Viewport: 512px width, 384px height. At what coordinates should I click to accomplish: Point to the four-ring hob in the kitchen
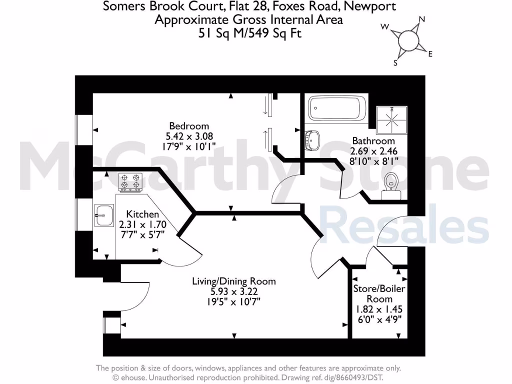tap(130, 182)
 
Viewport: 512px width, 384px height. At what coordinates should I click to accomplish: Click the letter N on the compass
tap(421, 19)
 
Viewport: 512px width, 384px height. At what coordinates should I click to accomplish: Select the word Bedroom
tap(189, 126)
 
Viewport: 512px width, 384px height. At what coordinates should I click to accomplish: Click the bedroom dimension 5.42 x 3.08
tap(189, 135)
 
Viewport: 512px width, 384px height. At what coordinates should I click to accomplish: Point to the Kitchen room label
tap(142, 214)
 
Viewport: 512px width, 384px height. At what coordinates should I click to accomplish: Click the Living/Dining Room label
tap(233, 281)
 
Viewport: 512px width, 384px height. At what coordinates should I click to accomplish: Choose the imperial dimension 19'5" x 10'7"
tap(233, 301)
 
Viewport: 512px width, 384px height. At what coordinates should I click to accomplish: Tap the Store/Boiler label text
tap(379, 289)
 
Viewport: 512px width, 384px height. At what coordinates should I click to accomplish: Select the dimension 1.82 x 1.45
tap(379, 309)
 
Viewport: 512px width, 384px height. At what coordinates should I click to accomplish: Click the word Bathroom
tap(373, 141)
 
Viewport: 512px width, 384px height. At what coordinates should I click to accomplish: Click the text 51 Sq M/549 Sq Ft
tap(248, 33)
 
